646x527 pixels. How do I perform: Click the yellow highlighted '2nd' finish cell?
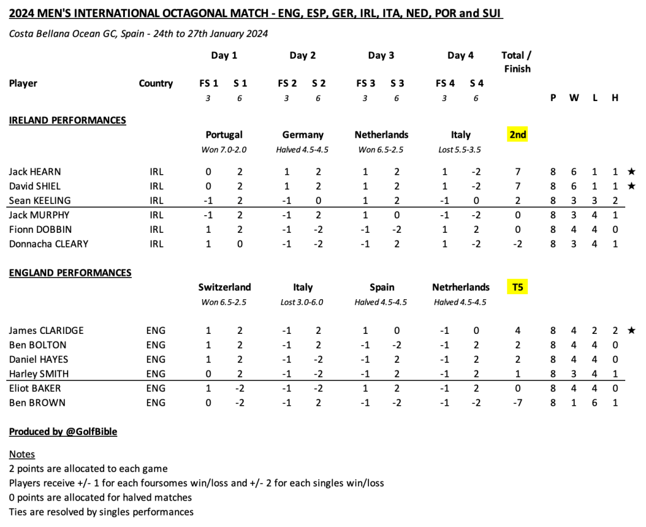(x=517, y=134)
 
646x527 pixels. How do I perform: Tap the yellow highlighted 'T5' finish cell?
(x=517, y=287)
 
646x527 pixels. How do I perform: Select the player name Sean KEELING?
(x=40, y=201)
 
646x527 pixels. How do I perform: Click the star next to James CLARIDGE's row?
(x=631, y=330)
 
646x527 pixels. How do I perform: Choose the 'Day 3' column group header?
(x=381, y=56)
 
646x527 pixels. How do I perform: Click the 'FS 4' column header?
(x=445, y=83)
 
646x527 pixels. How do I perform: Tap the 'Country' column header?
(x=156, y=83)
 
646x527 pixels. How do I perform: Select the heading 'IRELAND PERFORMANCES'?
(x=68, y=120)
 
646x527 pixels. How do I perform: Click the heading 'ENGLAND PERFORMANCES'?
(x=70, y=273)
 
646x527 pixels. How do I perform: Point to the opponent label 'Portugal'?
(x=224, y=134)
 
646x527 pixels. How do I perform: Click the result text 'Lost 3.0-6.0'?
(x=302, y=302)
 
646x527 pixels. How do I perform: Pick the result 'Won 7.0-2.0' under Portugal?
(x=224, y=150)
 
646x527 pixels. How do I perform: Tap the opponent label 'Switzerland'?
(x=224, y=287)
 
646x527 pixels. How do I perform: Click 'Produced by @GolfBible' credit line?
(x=63, y=432)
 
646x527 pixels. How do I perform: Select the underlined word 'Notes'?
(x=22, y=454)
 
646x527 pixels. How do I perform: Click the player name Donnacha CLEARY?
(x=49, y=244)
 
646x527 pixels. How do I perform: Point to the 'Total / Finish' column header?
(x=517, y=62)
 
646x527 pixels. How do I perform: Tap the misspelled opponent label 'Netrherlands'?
(x=461, y=287)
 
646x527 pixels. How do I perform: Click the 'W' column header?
(x=574, y=98)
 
